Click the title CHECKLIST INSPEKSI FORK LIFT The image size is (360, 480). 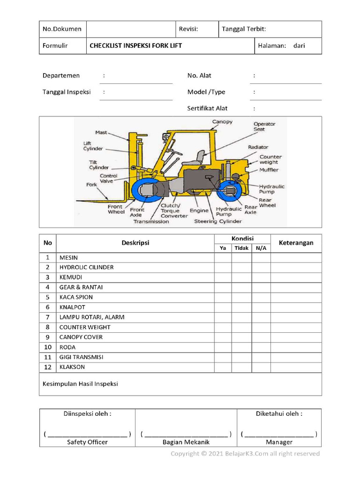point(136,45)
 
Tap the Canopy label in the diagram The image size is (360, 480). point(222,122)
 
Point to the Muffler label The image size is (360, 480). point(269,170)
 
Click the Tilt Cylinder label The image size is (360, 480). point(99,165)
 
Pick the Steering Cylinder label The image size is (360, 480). point(218,221)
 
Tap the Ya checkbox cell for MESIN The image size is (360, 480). point(223,257)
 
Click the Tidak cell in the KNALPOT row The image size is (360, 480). point(241,307)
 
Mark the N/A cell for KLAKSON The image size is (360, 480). point(261,367)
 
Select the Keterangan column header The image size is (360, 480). point(296,243)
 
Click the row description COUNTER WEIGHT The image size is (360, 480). point(85,327)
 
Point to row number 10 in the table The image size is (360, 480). point(47,347)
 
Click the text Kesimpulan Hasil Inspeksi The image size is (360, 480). point(80,384)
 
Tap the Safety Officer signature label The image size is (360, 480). point(87,442)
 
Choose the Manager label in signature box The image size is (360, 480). point(279,442)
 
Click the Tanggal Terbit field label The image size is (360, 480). point(244,29)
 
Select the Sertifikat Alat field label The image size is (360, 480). point(207,108)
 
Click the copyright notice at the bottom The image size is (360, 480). point(245,453)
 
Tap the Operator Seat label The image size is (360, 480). point(264,127)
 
